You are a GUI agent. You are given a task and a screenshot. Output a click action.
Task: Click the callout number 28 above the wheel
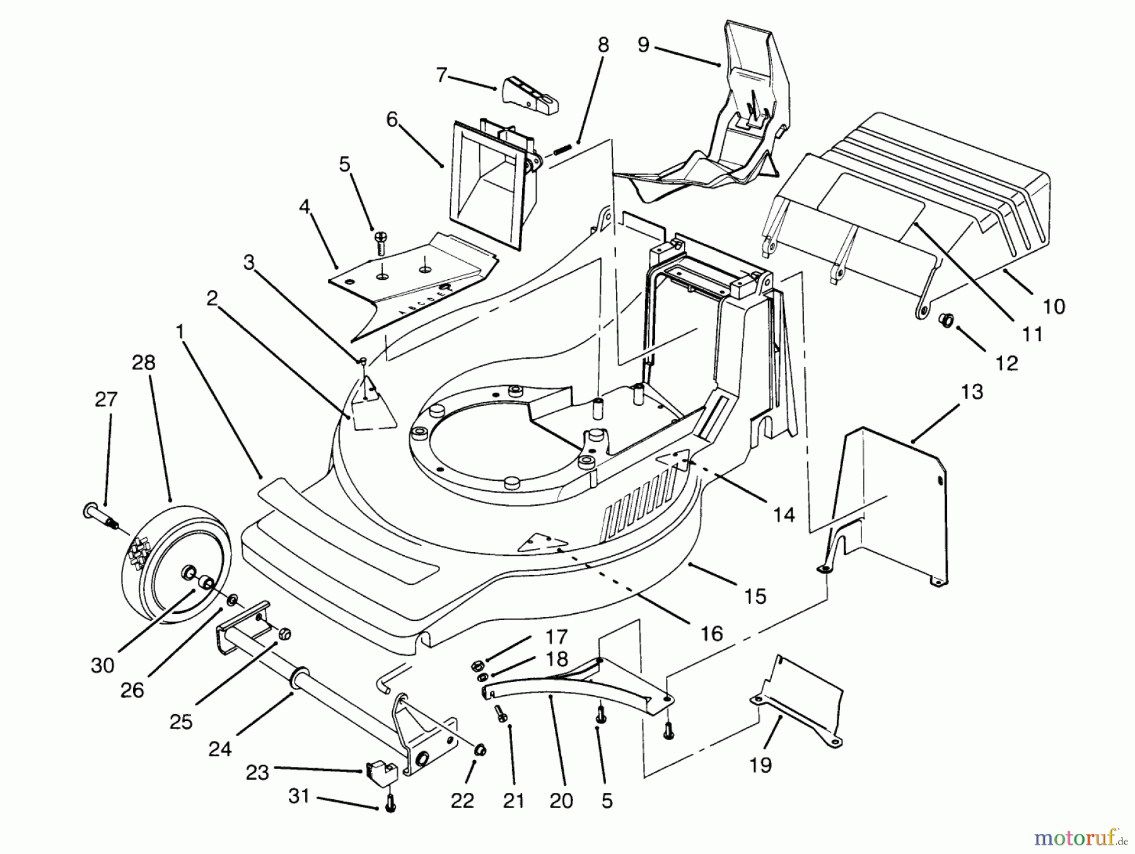tap(144, 363)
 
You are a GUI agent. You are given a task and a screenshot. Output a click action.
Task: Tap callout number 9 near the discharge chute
tap(643, 45)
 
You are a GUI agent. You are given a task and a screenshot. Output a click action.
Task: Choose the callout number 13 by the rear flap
tap(972, 392)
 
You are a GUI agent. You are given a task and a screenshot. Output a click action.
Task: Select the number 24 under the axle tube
tap(220, 749)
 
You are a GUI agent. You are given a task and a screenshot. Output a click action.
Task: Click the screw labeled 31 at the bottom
tap(390, 804)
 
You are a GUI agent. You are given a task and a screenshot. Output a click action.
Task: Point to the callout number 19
tap(760, 765)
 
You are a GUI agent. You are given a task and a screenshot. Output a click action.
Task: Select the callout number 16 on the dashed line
tap(712, 633)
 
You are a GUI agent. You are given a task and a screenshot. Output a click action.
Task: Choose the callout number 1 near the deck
tap(180, 330)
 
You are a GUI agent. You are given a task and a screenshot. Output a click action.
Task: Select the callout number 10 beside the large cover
tap(1054, 307)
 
